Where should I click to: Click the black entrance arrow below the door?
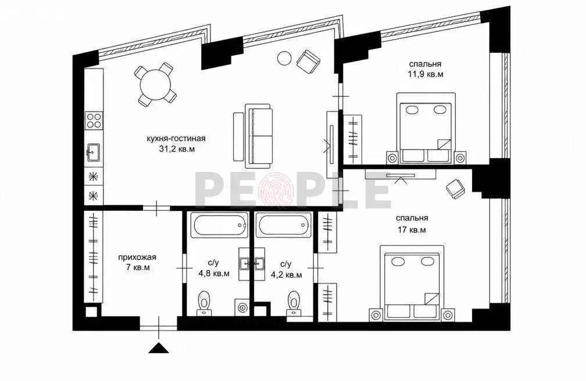159,348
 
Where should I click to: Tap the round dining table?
156,85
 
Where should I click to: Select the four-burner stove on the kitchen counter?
94,121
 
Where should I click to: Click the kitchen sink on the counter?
94,152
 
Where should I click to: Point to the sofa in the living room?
258,136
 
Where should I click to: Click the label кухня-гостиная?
176,139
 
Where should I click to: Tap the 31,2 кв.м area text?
177,149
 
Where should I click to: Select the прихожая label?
137,257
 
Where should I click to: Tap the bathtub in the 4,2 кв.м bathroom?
283,225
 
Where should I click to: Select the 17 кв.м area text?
412,230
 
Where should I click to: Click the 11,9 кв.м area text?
426,74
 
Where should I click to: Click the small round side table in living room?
284,58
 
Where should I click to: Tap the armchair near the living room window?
308,60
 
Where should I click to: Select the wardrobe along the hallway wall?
93,257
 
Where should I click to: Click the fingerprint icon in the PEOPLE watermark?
277,189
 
